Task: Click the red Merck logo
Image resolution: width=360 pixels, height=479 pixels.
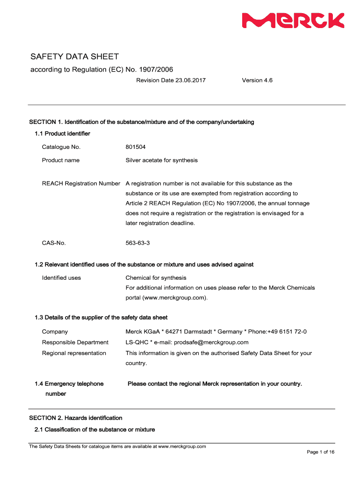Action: (293, 21)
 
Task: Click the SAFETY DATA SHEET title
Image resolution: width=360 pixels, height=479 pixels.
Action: (75, 57)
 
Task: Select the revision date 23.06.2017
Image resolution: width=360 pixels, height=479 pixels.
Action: (190, 80)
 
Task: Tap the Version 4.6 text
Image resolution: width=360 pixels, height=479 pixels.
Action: (257, 80)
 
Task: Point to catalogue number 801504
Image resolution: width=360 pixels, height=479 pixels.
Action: (136, 147)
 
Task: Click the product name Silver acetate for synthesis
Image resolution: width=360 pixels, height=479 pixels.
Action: (161, 160)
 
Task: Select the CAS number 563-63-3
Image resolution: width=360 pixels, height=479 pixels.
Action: (137, 243)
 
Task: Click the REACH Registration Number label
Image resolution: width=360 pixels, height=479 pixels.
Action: (81, 184)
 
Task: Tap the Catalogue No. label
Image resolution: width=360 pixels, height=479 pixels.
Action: (61, 147)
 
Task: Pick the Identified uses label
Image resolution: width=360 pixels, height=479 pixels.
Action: (61, 278)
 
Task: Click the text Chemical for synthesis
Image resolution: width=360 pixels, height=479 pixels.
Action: (156, 278)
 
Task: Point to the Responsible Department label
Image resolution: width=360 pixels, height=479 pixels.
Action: (75, 342)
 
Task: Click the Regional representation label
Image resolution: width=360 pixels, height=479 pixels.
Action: (74, 353)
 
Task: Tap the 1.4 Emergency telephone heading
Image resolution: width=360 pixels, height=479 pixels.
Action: (69, 384)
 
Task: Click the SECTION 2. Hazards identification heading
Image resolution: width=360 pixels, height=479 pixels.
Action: (76, 418)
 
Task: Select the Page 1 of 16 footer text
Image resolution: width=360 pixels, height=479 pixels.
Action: (320, 452)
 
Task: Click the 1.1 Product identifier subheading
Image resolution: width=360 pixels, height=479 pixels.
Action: (62, 134)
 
